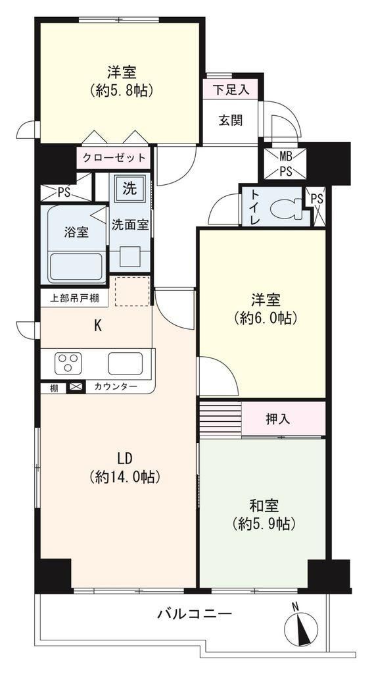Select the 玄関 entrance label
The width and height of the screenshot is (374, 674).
[231, 120]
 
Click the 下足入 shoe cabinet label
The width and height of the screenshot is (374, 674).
[231, 90]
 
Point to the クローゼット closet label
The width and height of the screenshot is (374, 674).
[114, 157]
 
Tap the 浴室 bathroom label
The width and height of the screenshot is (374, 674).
[76, 232]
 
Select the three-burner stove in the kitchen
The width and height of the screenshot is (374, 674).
[68, 363]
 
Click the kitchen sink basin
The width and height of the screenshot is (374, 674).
[125, 363]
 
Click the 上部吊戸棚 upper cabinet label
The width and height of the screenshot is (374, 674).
[73, 298]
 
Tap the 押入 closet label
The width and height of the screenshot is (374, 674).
[278, 419]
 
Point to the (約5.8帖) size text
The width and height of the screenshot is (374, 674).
[122, 90]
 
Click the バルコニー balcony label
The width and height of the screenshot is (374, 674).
[194, 613]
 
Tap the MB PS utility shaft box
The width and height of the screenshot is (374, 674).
[285, 163]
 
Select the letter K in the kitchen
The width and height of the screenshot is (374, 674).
[98, 326]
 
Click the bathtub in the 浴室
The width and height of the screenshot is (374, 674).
[76, 267]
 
